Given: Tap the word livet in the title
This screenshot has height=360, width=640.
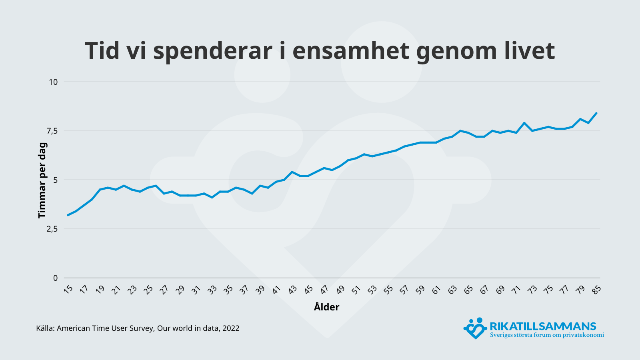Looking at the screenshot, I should [526, 51].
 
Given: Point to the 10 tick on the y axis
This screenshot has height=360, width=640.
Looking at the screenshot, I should [53, 82].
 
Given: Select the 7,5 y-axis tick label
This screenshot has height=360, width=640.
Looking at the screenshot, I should [52, 131].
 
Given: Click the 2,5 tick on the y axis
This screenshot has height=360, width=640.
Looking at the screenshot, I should [52, 229].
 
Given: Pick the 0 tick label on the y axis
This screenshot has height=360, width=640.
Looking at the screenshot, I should [56, 278].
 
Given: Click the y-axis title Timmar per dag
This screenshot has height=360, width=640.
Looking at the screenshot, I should [42, 180].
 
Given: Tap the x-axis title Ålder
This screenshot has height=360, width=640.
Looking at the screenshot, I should [326, 307].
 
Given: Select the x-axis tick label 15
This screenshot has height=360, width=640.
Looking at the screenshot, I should [68, 289].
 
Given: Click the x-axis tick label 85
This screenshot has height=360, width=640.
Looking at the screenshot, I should [596, 289].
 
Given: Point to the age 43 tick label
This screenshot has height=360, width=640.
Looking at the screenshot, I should [292, 289].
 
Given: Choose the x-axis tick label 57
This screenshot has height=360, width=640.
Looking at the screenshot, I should [404, 289].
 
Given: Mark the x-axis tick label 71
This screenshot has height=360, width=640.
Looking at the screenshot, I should [516, 289].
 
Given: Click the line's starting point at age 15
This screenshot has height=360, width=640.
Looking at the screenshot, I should [68, 215].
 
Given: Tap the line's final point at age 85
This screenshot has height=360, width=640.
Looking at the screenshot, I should [596, 113].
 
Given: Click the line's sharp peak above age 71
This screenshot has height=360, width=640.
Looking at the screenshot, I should [524, 123].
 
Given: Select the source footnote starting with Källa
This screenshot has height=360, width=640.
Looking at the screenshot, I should [138, 328].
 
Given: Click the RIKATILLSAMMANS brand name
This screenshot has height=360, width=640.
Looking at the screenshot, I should [543, 326].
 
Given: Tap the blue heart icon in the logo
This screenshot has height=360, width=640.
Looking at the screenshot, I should [474, 328].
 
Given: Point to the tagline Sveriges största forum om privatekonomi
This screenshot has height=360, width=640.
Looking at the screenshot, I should [547, 335].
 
